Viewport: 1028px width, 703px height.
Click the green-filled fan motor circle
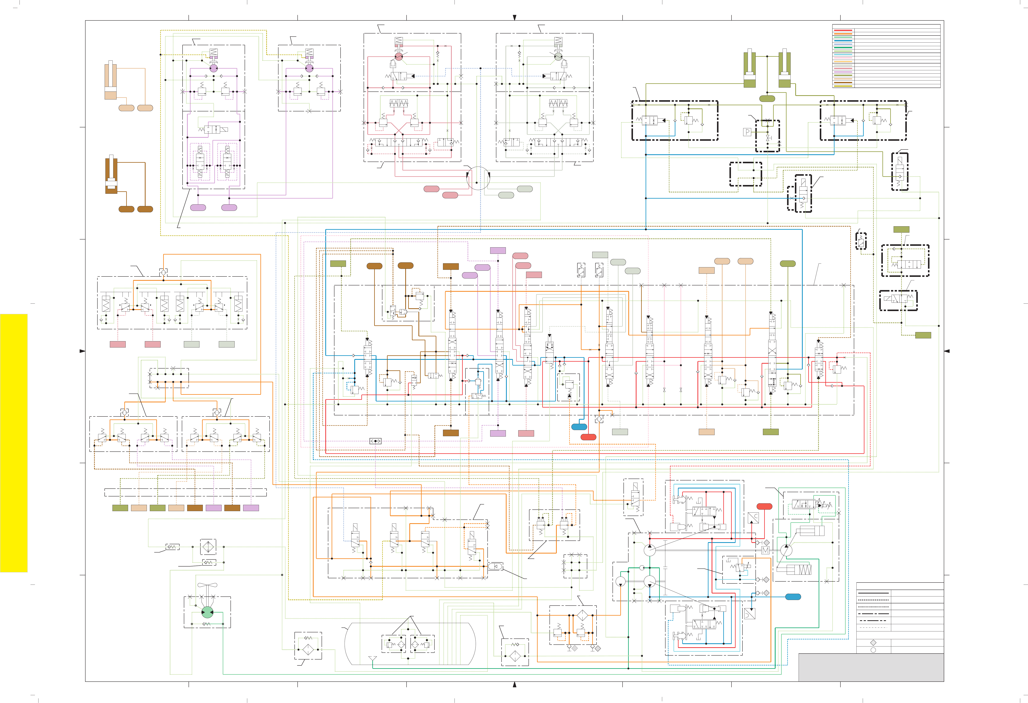207,612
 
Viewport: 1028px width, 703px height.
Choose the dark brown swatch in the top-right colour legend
843,82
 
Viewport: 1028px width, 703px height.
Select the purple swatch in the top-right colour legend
843,72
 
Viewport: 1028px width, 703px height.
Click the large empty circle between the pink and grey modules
478,178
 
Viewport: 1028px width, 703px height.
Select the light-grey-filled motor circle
558,57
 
